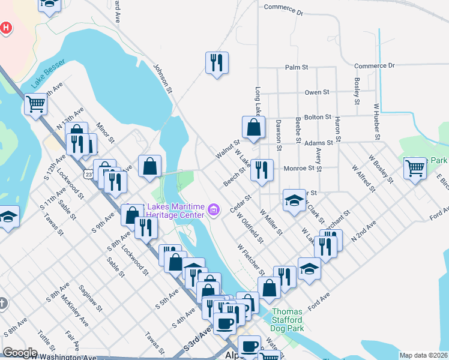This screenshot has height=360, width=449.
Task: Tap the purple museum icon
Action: (x=214, y=210)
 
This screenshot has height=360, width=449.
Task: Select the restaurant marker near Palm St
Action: (x=217, y=62)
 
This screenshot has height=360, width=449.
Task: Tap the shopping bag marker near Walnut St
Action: (x=253, y=127)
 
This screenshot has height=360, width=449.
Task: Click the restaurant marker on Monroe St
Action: (x=261, y=170)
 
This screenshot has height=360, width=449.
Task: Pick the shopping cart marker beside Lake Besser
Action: (x=35, y=105)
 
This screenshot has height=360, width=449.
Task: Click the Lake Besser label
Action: (x=47, y=74)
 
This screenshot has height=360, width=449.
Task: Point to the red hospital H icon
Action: (x=5, y=28)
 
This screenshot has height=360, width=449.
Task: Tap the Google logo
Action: (x=20, y=353)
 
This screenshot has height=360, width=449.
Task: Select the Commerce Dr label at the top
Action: (x=283, y=10)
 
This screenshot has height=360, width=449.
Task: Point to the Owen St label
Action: (x=316, y=92)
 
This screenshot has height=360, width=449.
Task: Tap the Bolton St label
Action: (x=319, y=117)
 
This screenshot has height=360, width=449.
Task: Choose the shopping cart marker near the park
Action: (x=415, y=168)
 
